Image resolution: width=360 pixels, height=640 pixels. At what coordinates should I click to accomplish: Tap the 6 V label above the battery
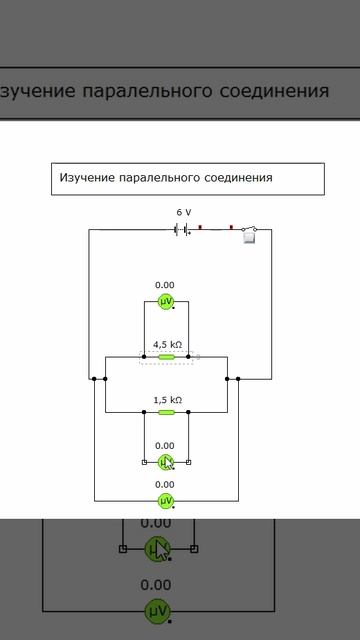tap(184, 213)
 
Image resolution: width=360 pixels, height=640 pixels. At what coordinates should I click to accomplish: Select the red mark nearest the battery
tap(200, 228)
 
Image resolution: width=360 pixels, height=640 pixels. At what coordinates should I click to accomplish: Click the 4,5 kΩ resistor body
tap(167, 356)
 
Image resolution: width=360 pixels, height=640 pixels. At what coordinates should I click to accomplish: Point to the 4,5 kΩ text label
tap(167, 344)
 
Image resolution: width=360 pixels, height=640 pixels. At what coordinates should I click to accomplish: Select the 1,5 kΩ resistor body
tap(167, 411)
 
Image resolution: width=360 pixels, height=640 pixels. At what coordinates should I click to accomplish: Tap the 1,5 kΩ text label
tap(167, 399)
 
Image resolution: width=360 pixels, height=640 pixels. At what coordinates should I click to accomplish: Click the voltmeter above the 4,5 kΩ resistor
tap(166, 300)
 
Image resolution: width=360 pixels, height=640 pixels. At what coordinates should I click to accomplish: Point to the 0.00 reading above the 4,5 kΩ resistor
tap(165, 285)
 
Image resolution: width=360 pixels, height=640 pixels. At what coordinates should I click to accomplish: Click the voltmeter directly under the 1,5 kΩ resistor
tap(166, 462)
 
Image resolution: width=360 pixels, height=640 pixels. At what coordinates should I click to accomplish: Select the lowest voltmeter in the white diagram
tap(166, 500)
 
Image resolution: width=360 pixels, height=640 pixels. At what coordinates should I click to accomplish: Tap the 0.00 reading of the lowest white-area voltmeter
tap(165, 485)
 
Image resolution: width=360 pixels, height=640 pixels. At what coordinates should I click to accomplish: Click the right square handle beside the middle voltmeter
tap(189, 462)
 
